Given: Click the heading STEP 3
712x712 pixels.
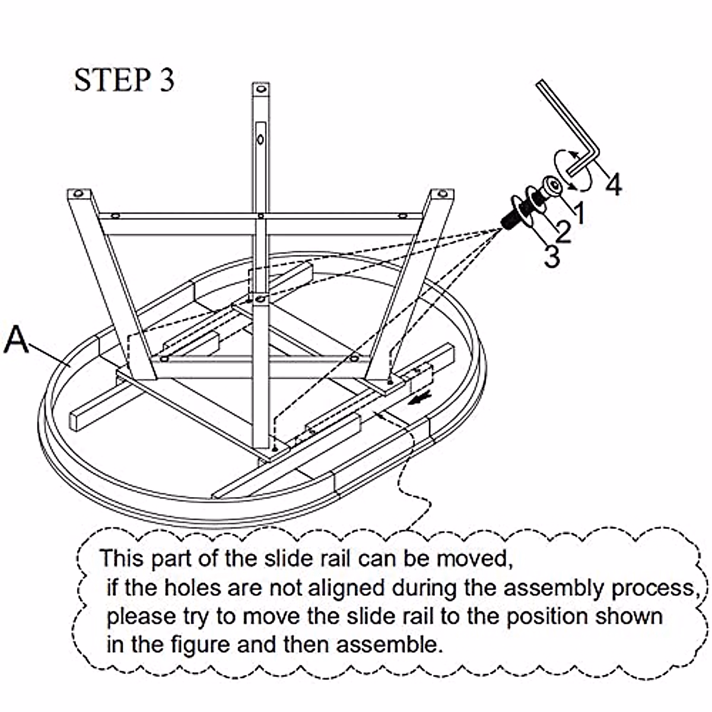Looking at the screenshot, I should tap(124, 81).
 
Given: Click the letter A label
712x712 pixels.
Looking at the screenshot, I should tap(17, 341).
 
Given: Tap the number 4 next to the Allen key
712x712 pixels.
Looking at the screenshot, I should tap(614, 185).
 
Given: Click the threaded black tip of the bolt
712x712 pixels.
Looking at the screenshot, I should tap(508, 221).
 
